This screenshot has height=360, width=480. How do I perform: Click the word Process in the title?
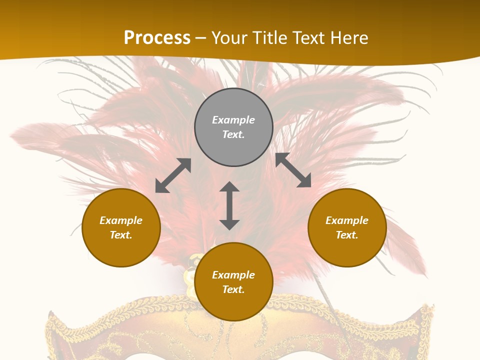coord(157,38)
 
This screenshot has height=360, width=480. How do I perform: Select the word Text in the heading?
coord(308,38)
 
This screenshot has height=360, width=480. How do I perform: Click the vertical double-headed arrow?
coord(229,205)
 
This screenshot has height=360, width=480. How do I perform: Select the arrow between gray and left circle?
coord(173,175)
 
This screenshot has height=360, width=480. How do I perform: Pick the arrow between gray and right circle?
coord(293,170)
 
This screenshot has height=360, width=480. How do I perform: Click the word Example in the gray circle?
coord(233,120)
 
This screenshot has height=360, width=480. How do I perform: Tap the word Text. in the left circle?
coord(121,235)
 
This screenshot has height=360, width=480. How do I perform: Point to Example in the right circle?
coord(347,220)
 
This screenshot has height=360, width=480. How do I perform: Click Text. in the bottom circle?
coord(233,289)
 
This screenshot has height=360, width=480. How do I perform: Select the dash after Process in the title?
coord(201,38)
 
